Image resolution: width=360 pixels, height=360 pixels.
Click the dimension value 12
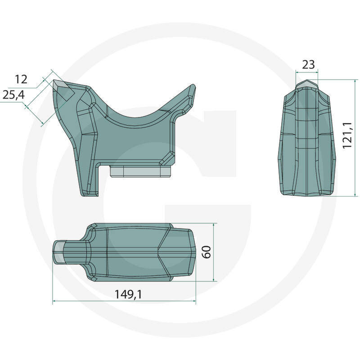click(21, 79)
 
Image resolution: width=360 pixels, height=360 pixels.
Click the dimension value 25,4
click(13, 94)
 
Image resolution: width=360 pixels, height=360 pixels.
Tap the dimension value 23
click(308, 65)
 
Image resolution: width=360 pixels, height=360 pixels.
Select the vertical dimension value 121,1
click(347, 135)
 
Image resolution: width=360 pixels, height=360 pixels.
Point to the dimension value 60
click(207, 252)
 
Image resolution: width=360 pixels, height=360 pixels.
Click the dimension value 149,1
click(128, 294)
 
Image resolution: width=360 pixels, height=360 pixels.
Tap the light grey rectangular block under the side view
click(141, 171)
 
